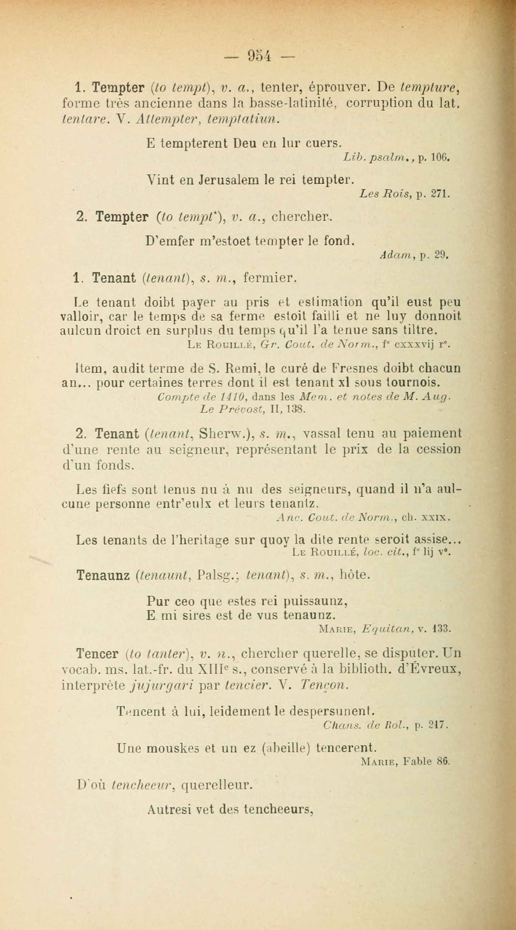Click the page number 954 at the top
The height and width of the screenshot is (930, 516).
click(259, 56)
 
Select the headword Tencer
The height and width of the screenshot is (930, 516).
click(97, 653)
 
